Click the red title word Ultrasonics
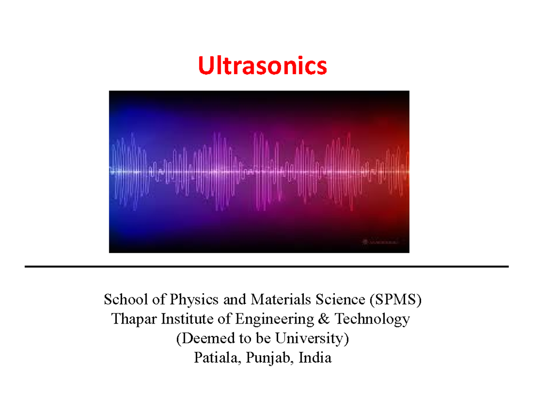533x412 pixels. tap(262, 66)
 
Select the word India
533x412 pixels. tap(315, 358)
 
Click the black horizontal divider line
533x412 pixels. tap(266, 267)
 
